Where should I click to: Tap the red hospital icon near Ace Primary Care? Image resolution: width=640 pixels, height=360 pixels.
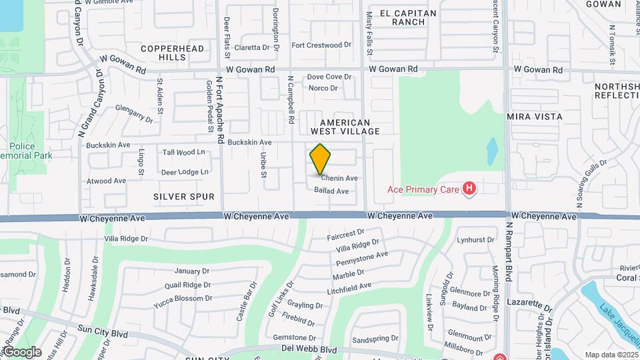(469, 189)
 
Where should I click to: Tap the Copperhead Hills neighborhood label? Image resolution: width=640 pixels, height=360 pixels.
(163, 53)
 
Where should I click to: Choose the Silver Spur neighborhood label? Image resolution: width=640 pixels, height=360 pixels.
(184, 197)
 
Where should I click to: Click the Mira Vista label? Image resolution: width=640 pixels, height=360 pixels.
(535, 117)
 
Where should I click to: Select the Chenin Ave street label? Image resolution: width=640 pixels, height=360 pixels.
(339, 178)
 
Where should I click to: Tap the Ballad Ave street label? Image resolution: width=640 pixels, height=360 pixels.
(331, 191)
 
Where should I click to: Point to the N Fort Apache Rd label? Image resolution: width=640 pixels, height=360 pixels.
(219, 109)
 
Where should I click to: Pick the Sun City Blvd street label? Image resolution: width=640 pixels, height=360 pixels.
(103, 329)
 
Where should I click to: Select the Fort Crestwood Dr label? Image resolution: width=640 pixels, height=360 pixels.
(321, 45)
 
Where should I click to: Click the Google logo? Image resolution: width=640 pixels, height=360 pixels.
(22, 351)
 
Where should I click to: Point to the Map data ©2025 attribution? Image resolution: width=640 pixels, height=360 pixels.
(611, 355)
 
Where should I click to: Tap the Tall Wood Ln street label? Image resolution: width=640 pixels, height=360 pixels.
(183, 152)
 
